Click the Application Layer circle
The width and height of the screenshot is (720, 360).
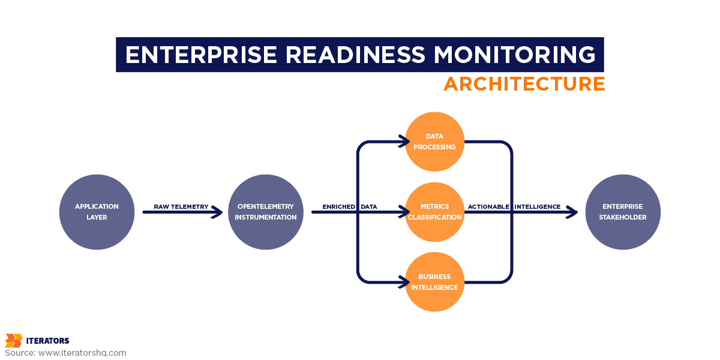tap(97, 212)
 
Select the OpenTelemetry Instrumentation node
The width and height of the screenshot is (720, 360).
tap(266, 212)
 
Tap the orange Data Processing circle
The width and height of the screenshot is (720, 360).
tap(434, 142)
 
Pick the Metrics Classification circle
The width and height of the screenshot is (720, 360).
tap(434, 212)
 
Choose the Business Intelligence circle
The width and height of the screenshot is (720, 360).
tap(434, 282)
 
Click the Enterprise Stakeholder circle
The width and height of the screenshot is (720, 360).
tap(622, 212)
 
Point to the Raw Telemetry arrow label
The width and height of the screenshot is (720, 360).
tap(181, 206)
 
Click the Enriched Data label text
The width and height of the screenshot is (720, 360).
tap(350, 206)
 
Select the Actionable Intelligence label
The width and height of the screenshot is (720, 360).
tap(514, 206)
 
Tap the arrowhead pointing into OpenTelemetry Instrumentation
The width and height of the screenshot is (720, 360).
tap(218, 212)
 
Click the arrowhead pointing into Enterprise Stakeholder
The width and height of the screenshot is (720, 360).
tap(572, 212)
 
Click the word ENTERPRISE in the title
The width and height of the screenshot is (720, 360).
tap(201, 55)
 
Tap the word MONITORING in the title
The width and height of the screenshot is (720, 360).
tap(515, 55)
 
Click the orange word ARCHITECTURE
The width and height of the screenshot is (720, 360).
tap(524, 84)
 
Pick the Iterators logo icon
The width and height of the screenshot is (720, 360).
tap(13, 341)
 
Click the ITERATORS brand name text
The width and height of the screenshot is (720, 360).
tap(47, 341)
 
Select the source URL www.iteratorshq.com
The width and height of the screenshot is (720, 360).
tap(82, 353)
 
